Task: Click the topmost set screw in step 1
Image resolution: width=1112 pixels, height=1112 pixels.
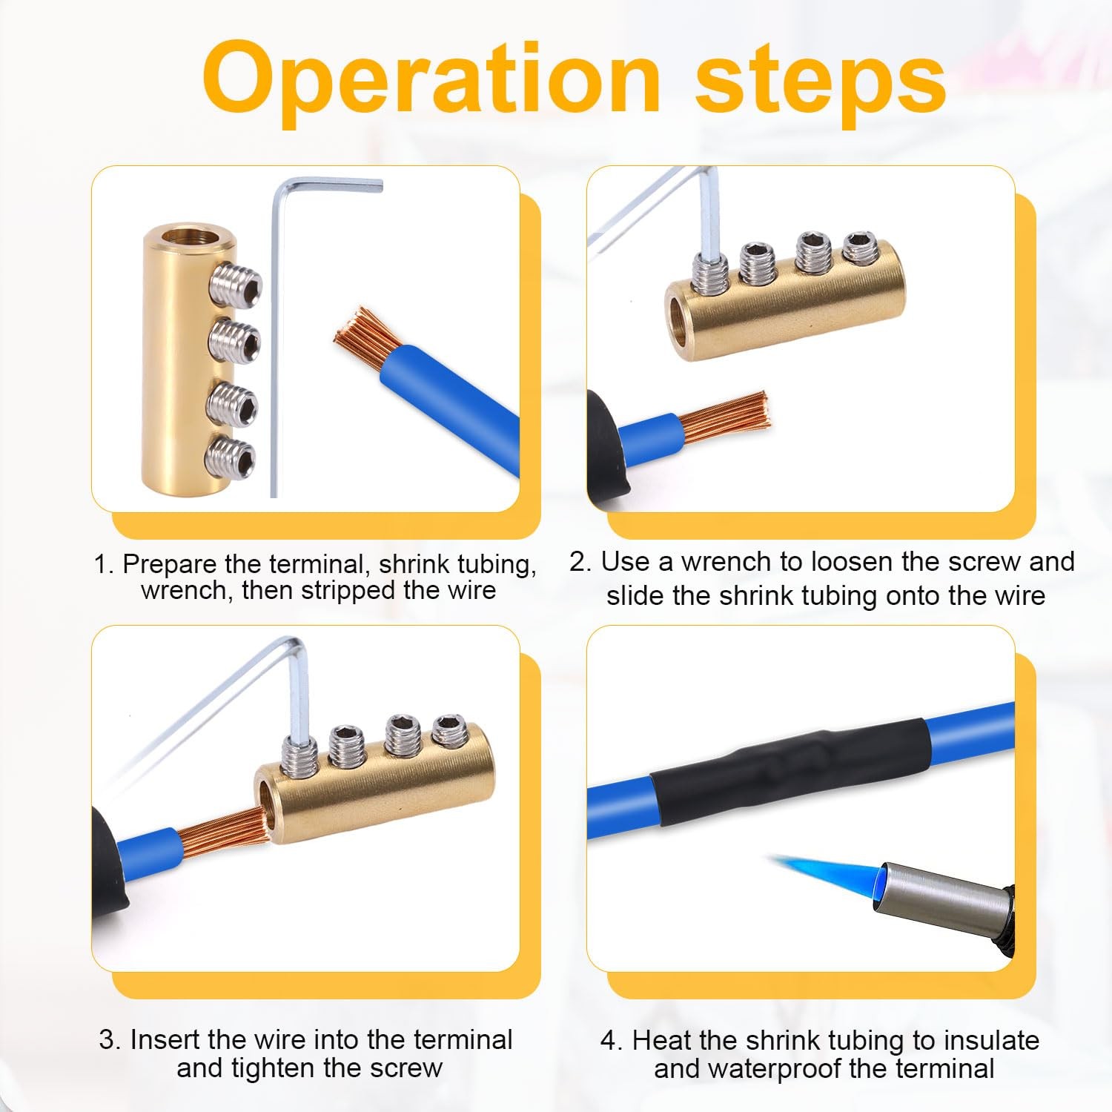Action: (x=236, y=285)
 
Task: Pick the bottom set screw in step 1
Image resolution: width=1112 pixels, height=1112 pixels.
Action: (x=232, y=455)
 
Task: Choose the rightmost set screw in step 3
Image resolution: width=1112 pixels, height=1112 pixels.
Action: (x=449, y=729)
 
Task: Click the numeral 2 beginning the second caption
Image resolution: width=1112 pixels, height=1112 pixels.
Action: (x=578, y=562)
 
